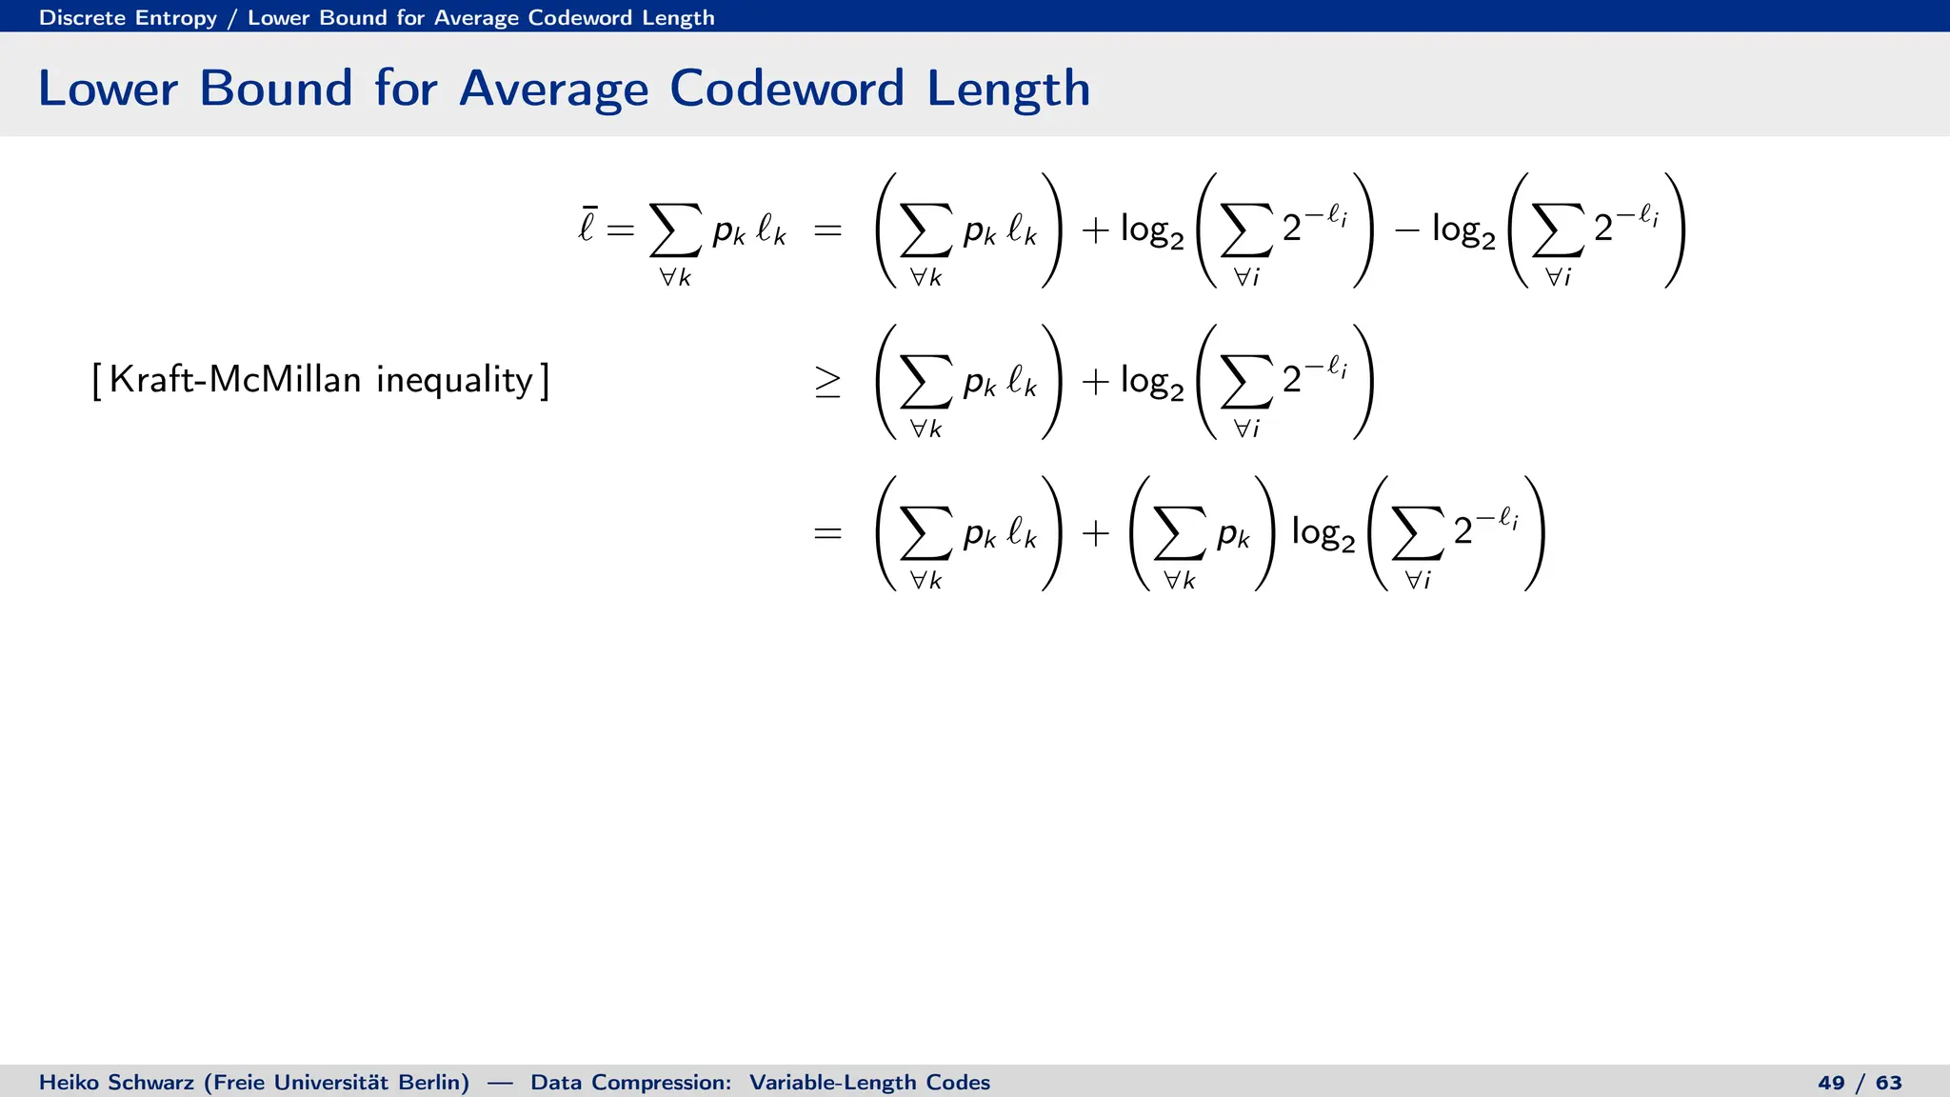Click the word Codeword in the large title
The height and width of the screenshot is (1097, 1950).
[x=786, y=89]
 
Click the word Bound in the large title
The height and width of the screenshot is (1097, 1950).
[x=276, y=89]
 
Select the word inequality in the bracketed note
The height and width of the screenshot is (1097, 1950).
[x=454, y=380]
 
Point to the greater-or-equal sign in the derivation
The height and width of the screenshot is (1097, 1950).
[x=827, y=382]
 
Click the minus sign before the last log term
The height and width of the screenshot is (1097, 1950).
[x=1407, y=230]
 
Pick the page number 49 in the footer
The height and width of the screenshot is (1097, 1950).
[x=1831, y=1083]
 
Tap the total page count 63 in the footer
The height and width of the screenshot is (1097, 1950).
[x=1889, y=1083]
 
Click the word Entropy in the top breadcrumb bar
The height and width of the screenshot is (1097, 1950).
[x=176, y=18]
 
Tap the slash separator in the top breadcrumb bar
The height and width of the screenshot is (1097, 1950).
[x=231, y=18]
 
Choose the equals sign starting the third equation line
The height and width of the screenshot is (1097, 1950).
[x=827, y=533]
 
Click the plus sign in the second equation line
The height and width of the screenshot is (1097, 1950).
[x=1096, y=382]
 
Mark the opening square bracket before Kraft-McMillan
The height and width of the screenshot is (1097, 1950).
[x=97, y=381]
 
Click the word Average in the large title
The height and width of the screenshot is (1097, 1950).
[x=553, y=89]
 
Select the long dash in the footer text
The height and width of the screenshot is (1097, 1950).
[x=500, y=1083]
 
